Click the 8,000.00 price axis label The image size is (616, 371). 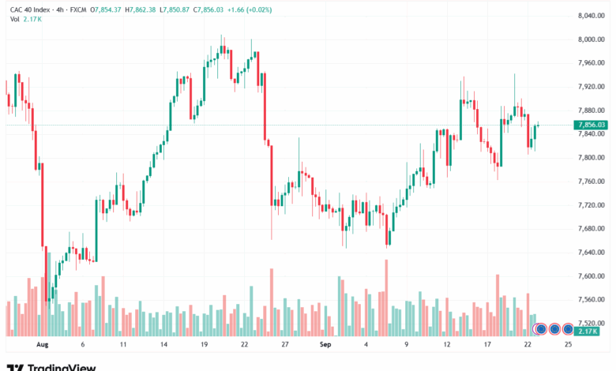point(592,39)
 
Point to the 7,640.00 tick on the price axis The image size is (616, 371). point(592,252)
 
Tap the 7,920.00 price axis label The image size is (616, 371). point(592,86)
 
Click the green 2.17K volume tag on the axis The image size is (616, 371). point(588,332)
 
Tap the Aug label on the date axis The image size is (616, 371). point(42,344)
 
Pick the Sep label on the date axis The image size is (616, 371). point(325,344)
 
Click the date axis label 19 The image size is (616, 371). point(204,344)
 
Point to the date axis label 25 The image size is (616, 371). point(568,344)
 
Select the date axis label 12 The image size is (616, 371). point(447,344)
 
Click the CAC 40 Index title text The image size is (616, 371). point(30,9)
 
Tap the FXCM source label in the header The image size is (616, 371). point(78,9)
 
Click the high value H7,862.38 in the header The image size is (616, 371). point(141,9)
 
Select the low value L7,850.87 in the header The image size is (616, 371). point(175,9)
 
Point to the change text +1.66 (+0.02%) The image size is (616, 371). point(250,9)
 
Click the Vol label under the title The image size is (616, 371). point(14,19)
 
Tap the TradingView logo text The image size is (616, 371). point(51,368)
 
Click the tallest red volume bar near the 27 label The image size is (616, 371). point(272,302)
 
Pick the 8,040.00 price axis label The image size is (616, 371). point(592,16)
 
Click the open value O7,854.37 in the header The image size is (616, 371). point(106,9)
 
